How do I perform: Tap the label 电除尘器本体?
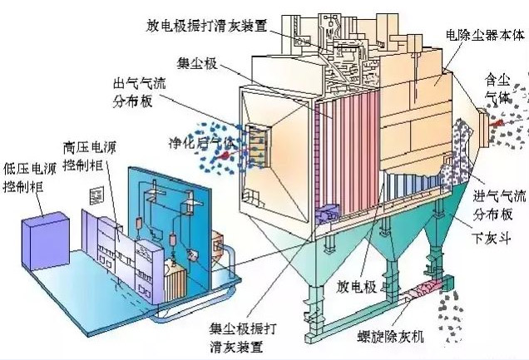tap(486, 34)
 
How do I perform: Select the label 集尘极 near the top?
tap(196, 62)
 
